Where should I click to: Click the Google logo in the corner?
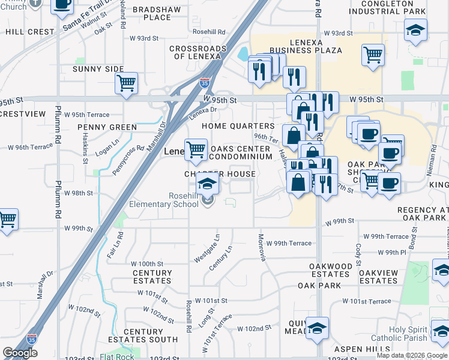(20, 353)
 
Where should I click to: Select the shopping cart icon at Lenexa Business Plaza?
(373, 55)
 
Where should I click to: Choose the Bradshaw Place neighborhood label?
(152, 13)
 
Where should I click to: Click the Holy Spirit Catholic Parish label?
(417, 334)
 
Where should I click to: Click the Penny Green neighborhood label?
(107, 127)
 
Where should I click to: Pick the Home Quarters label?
(238, 126)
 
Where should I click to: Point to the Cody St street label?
(358, 254)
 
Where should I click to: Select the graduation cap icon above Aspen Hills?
(317, 328)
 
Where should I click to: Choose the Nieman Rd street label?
(437, 159)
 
